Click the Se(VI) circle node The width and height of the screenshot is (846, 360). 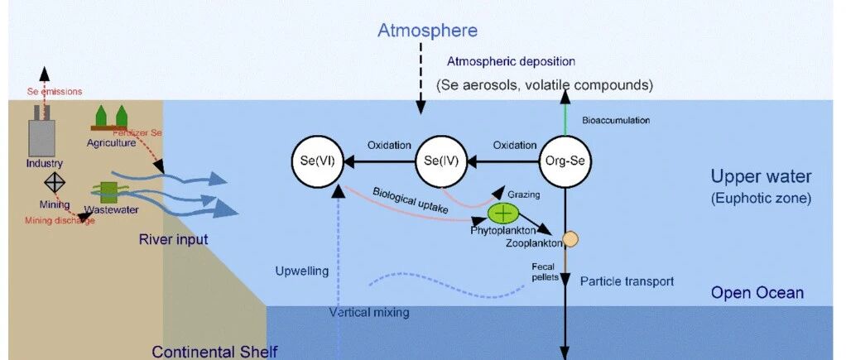point(318,161)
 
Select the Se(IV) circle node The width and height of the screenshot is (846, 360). point(441,161)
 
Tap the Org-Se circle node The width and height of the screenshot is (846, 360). point(565,161)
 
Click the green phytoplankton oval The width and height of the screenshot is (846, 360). point(502,214)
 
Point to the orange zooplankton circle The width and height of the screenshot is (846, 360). point(570,239)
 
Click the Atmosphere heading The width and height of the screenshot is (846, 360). point(427,31)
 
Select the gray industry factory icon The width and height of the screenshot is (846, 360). point(41,130)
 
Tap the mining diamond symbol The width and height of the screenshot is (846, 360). point(55,182)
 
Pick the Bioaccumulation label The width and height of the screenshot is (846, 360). point(616,120)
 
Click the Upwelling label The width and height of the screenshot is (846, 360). point(301,271)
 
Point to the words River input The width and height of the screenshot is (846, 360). point(173,239)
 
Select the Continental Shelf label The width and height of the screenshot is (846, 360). point(214,352)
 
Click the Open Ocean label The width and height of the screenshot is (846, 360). point(757,293)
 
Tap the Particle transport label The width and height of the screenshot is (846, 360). point(627,281)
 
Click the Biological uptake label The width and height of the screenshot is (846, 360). point(411,200)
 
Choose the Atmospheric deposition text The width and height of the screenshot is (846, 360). point(511,61)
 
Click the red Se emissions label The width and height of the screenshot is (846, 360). point(55,91)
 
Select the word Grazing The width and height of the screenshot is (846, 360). point(523,194)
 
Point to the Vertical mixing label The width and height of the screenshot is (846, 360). point(369,312)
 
